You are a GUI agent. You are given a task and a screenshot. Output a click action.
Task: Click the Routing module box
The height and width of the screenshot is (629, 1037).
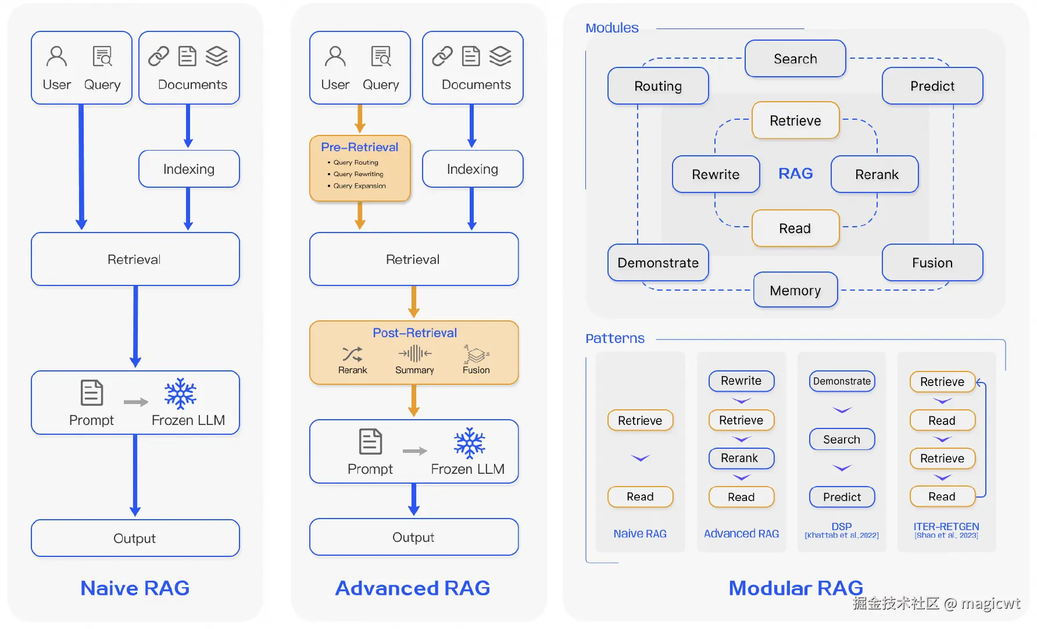click(x=658, y=86)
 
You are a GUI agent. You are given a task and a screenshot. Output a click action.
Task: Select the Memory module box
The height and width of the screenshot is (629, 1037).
click(x=795, y=290)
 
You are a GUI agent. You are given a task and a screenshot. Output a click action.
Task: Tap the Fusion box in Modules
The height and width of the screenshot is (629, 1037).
click(x=932, y=263)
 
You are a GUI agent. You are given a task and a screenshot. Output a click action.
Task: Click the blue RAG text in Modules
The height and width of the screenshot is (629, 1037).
click(x=795, y=174)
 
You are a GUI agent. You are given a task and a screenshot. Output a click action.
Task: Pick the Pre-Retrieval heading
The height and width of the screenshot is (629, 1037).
click(x=359, y=147)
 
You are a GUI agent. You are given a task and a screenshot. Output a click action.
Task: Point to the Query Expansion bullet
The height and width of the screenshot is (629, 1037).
click(x=359, y=186)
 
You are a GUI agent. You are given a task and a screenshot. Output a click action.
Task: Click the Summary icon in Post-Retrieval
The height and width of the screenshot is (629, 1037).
click(x=414, y=353)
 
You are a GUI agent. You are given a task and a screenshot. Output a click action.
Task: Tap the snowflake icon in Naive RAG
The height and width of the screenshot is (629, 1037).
click(x=180, y=394)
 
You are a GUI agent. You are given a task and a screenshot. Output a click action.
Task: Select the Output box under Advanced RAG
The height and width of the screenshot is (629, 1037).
click(x=413, y=537)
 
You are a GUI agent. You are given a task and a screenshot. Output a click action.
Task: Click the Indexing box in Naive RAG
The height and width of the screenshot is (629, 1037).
click(x=189, y=169)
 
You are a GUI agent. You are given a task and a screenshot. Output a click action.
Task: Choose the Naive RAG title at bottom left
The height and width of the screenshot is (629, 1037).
click(x=135, y=588)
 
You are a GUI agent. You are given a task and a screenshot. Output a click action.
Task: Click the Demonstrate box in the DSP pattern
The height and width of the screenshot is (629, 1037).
click(x=842, y=381)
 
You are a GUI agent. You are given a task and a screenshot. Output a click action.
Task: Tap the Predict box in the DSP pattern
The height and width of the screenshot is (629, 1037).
click(x=842, y=497)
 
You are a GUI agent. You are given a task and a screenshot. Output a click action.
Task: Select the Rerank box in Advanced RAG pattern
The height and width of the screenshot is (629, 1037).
click(x=741, y=458)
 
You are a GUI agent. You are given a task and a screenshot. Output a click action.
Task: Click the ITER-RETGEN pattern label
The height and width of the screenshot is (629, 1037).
click(x=946, y=526)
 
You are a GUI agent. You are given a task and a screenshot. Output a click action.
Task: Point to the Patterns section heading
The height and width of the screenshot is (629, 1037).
click(x=615, y=338)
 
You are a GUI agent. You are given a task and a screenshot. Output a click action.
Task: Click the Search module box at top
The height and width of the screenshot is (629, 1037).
click(x=795, y=59)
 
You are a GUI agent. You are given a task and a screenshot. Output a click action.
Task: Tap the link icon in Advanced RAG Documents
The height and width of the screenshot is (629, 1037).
click(x=442, y=56)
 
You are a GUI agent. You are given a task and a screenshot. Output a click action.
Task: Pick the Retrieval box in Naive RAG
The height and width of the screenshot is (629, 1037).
click(x=135, y=259)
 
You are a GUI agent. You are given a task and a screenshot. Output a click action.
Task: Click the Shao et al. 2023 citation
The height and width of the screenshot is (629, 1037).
click(x=946, y=535)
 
